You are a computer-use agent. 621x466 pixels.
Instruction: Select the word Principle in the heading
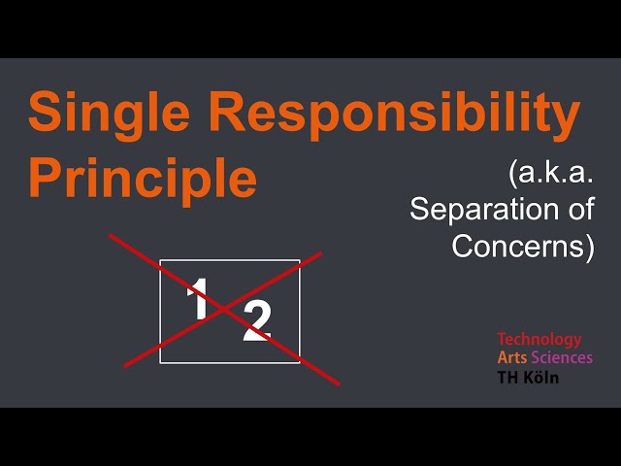[x=143, y=178]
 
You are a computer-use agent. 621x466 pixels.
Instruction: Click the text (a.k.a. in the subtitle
[x=550, y=176]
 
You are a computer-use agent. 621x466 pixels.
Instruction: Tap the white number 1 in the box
[x=198, y=298]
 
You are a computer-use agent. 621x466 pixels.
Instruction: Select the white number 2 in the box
[x=257, y=321]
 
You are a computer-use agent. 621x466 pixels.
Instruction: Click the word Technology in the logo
[x=539, y=340]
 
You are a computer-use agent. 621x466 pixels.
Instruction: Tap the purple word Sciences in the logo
[x=562, y=357]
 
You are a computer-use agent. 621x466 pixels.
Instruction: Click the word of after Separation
[x=577, y=210]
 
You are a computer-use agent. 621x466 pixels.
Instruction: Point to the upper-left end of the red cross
[x=110, y=234]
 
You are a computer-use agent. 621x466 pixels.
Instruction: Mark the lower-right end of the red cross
[x=339, y=384]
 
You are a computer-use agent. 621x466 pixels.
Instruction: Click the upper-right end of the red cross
[x=321, y=254]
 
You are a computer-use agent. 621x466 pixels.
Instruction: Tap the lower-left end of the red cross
[x=125, y=366]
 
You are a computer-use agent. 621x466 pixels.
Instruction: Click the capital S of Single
[x=45, y=114]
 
